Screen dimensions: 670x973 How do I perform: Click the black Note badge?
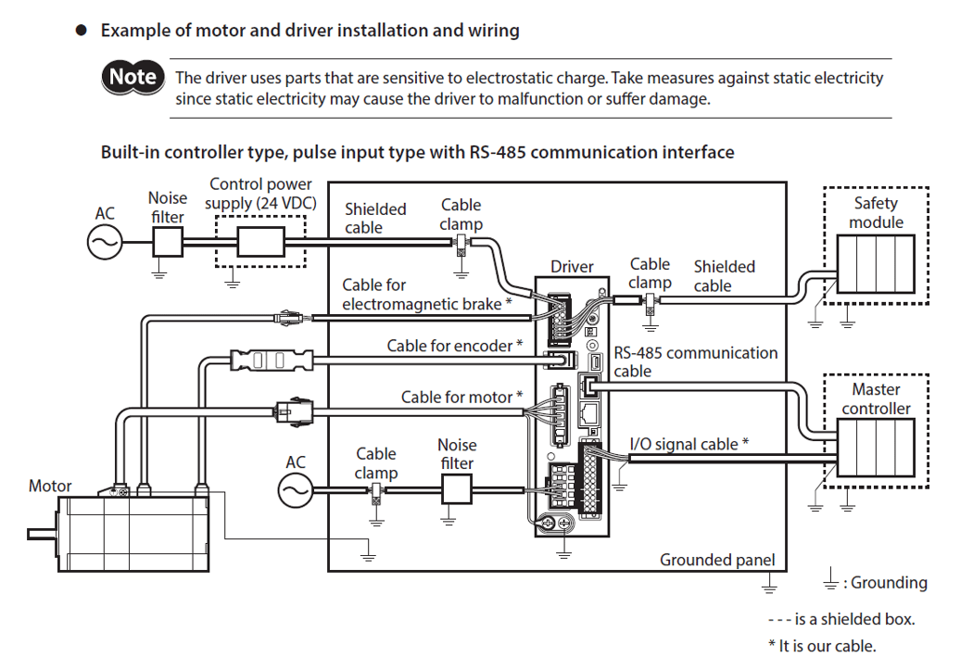(133, 77)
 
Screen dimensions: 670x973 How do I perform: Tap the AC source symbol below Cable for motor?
(296, 489)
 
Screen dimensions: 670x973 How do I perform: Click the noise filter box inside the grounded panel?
(457, 488)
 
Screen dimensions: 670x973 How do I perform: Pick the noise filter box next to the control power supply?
(167, 243)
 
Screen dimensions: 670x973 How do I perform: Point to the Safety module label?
(876, 212)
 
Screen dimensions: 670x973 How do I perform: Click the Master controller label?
(876, 399)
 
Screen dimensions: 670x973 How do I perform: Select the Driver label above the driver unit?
(572, 267)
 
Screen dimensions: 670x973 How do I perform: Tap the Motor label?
(50, 486)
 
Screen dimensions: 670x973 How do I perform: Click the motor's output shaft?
(43, 534)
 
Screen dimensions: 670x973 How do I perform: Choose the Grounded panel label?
(716, 560)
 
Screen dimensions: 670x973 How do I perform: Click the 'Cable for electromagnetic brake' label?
(426, 295)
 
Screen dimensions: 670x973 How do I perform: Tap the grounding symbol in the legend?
(830, 582)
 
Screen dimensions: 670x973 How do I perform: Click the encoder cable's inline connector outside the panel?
(271, 359)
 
